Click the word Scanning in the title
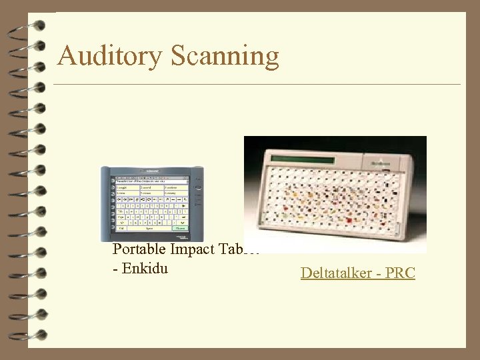[225, 57]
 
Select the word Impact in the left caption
[193, 249]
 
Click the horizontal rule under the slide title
[257, 85]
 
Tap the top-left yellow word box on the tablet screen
[127, 188]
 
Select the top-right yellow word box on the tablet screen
[176, 188]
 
